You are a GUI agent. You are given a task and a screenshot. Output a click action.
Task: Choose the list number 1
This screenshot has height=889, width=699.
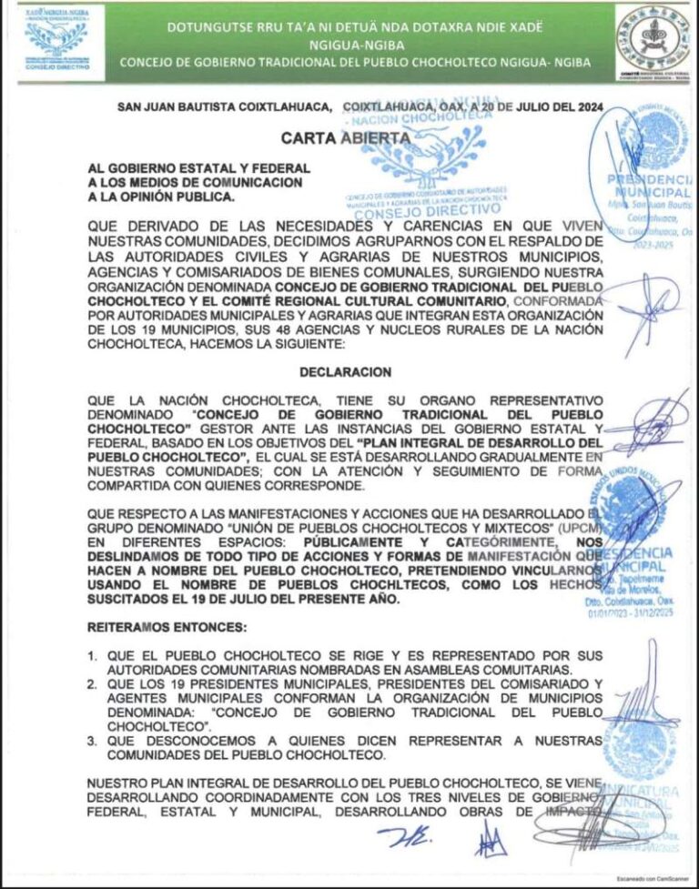pyautogui.click(x=92, y=655)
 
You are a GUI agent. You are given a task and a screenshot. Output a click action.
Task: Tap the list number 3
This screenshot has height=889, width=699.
pyautogui.click(x=92, y=741)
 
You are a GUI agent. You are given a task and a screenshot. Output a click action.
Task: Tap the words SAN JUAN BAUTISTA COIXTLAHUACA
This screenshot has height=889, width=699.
pyautogui.click(x=224, y=107)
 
